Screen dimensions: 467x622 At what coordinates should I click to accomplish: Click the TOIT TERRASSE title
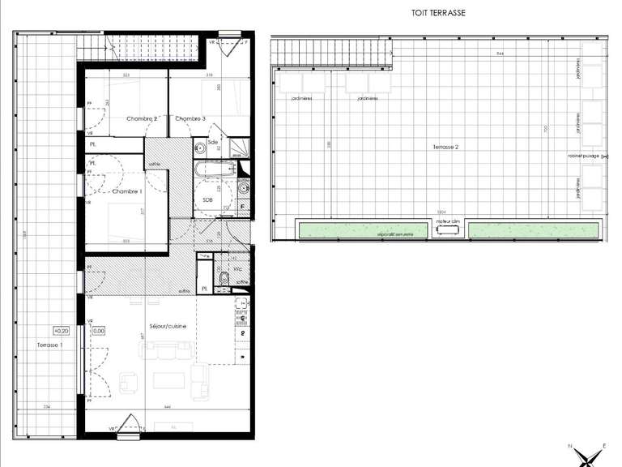(439, 14)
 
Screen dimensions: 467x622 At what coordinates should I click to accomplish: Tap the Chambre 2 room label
(142, 118)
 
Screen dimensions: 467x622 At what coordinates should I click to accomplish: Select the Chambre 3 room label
(190, 118)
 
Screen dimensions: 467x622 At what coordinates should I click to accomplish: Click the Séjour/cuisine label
(168, 326)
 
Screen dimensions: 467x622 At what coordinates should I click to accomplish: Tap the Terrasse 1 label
(49, 345)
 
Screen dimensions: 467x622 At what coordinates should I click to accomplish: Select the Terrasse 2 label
(437, 147)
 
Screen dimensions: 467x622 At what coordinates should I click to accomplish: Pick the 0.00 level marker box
(99, 331)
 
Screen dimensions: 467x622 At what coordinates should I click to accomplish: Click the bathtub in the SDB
(214, 169)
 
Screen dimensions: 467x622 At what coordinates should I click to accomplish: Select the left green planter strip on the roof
(367, 230)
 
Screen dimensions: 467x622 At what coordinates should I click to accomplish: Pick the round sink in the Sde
(200, 148)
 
